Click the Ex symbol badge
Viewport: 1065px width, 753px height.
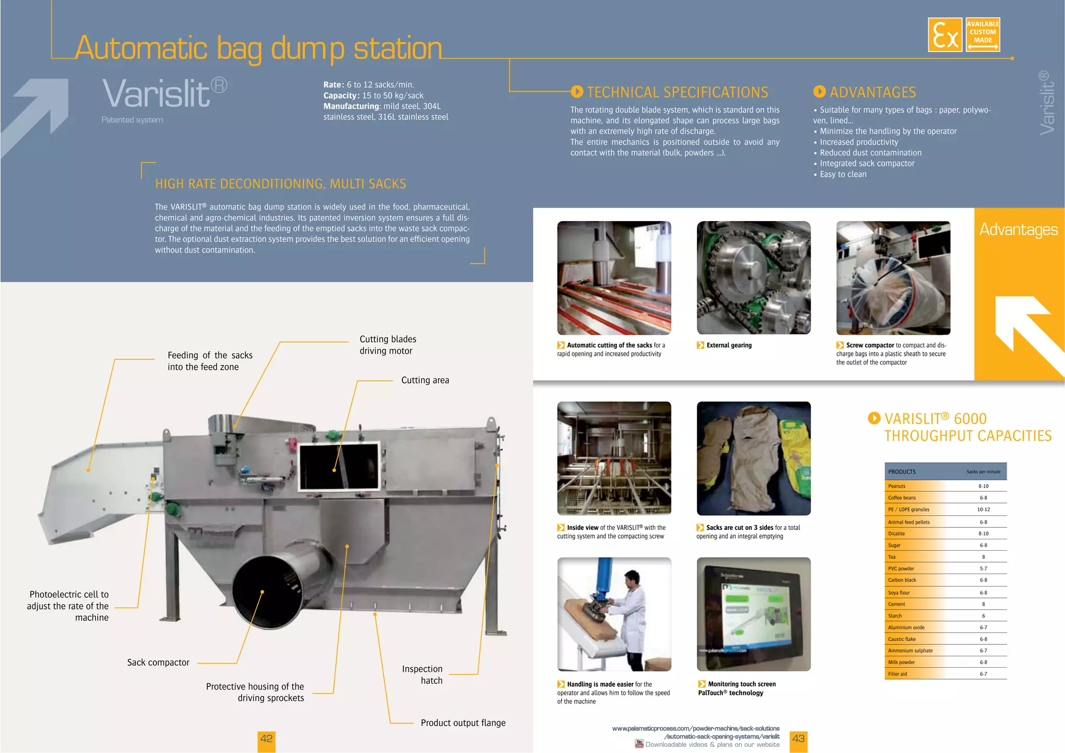945,35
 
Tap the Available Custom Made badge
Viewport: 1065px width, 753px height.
982,35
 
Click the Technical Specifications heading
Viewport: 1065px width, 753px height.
677,93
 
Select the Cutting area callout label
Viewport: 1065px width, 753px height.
425,380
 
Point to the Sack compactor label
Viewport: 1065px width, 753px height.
158,663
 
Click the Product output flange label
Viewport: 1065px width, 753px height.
463,723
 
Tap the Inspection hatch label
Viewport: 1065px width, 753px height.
422,674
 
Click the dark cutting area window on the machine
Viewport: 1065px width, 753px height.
339,466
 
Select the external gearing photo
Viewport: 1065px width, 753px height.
754,278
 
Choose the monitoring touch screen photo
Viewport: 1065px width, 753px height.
754,614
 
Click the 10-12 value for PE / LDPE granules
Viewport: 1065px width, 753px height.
983,510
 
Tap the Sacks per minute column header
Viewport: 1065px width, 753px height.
983,472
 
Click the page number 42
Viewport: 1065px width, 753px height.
266,739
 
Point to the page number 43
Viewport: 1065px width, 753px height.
798,739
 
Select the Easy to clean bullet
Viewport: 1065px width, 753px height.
842,174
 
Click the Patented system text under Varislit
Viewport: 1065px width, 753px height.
132,120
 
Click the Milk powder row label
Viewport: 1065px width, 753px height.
901,662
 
